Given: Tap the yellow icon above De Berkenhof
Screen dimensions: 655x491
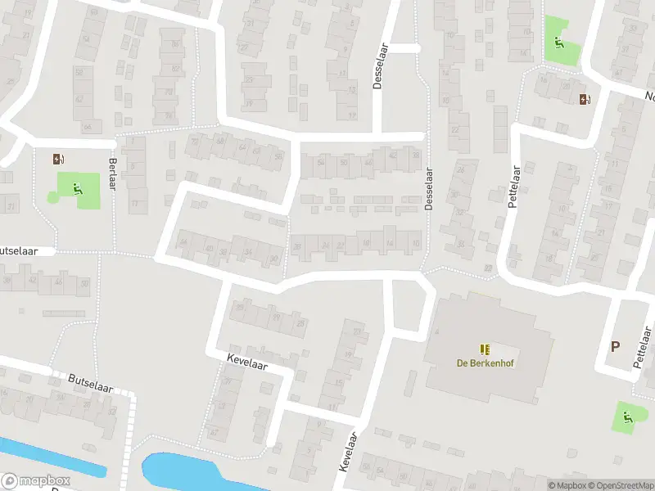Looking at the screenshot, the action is point(484,349).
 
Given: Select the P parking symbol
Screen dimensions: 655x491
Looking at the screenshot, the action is point(614,346).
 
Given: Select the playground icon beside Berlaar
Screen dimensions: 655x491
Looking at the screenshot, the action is point(78,190).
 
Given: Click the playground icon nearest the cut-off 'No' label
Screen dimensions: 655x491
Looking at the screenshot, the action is point(558,43).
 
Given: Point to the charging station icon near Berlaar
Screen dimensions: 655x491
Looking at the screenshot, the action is point(57,160).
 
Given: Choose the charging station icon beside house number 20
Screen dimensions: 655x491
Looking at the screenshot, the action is point(584,100).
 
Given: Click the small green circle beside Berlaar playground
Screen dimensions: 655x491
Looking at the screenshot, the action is point(53,197).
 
